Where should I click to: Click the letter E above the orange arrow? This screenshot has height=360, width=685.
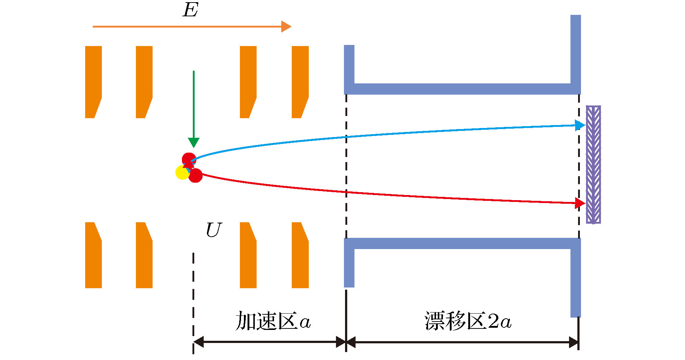click(x=190, y=10)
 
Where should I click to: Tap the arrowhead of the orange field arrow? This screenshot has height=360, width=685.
click(x=286, y=26)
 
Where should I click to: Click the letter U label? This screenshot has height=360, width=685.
click(x=213, y=230)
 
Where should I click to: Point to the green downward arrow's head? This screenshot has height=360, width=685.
click(x=194, y=142)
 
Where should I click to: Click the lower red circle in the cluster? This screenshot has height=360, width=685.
click(x=196, y=175)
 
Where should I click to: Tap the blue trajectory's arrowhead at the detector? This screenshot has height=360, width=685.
click(x=580, y=125)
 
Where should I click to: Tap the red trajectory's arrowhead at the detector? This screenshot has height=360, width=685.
click(x=580, y=203)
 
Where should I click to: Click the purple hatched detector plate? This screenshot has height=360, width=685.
click(x=593, y=164)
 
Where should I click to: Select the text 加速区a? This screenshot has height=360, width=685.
click(x=273, y=321)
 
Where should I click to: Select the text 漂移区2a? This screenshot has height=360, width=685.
click(x=468, y=321)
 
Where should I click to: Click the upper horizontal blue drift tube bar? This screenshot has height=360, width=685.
click(x=462, y=89)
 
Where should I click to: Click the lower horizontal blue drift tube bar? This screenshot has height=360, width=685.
click(x=462, y=243)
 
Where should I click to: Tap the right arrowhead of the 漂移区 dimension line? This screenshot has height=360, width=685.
click(x=573, y=342)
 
